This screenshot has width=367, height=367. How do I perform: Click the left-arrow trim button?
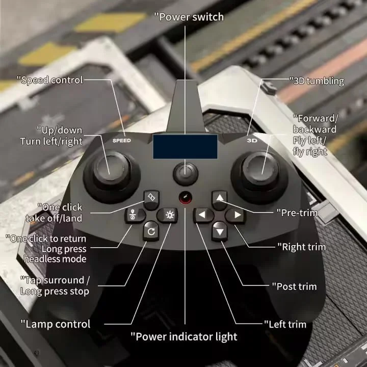point(203,215)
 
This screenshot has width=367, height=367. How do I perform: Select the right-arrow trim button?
point(235,215)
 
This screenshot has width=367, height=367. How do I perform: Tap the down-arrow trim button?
point(220,231)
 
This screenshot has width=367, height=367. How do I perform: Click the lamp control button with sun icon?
point(167,215)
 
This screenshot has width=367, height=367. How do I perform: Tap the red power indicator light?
point(186,197)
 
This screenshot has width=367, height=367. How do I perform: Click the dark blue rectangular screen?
point(185,147)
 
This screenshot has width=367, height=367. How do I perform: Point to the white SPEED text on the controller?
point(122,141)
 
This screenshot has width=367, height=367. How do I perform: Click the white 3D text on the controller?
point(252,141)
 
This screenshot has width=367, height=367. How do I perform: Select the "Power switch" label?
point(189,17)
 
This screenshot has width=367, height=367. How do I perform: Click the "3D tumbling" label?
point(317,81)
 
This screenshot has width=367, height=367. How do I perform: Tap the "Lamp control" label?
point(56,324)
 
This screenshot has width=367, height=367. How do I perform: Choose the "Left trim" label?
point(285,324)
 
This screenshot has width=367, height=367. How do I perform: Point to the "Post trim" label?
point(295,286)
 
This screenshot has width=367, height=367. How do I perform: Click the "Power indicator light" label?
point(184,337)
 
